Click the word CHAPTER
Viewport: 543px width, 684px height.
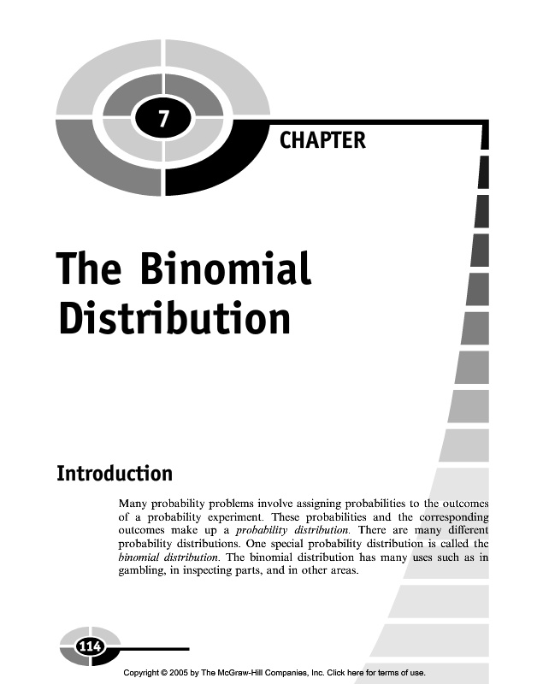pyautogui.click(x=322, y=139)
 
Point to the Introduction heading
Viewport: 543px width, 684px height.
pyautogui.click(x=114, y=473)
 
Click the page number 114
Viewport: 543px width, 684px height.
pyautogui.click(x=90, y=647)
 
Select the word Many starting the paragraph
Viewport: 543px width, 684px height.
pyautogui.click(x=133, y=504)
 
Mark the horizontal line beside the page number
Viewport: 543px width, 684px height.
pyautogui.click(x=154, y=649)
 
